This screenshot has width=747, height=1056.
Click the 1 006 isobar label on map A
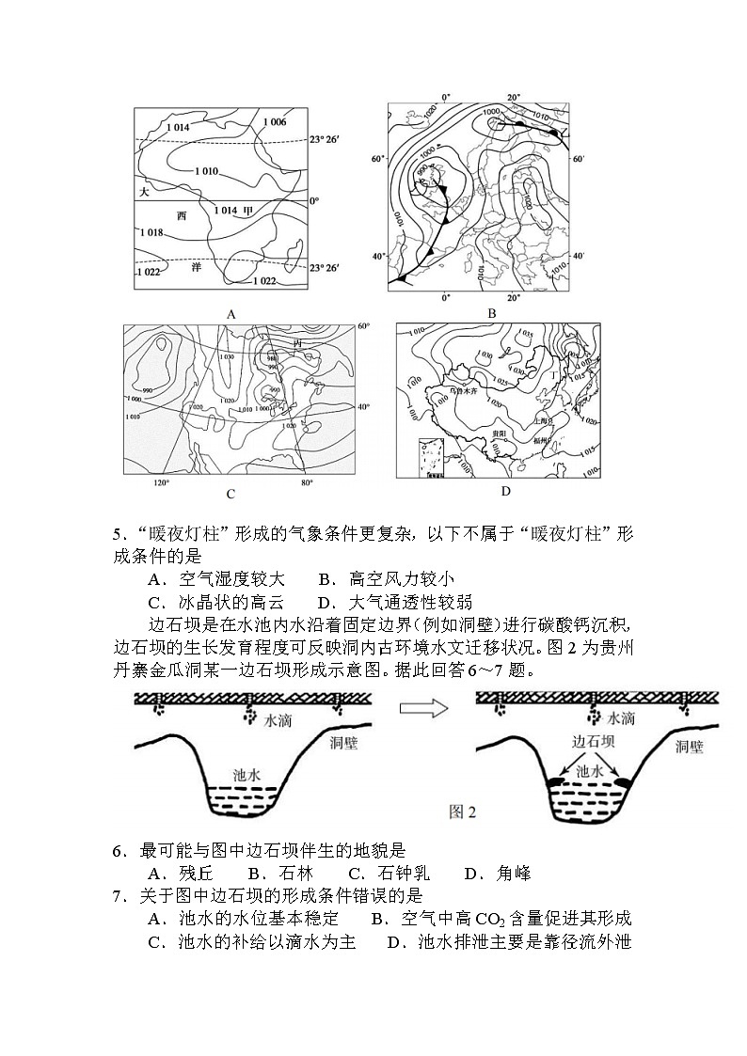tap(275, 122)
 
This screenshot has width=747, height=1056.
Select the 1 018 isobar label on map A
tap(151, 232)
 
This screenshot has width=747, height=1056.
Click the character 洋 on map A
tap(197, 267)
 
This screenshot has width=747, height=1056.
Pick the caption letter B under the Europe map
tap(490, 313)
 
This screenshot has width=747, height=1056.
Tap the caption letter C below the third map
tap(230, 494)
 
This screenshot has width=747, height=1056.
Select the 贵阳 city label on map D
tap(500, 433)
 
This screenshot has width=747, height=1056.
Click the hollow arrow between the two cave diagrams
tap(421, 708)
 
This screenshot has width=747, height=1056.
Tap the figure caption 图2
tap(462, 812)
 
